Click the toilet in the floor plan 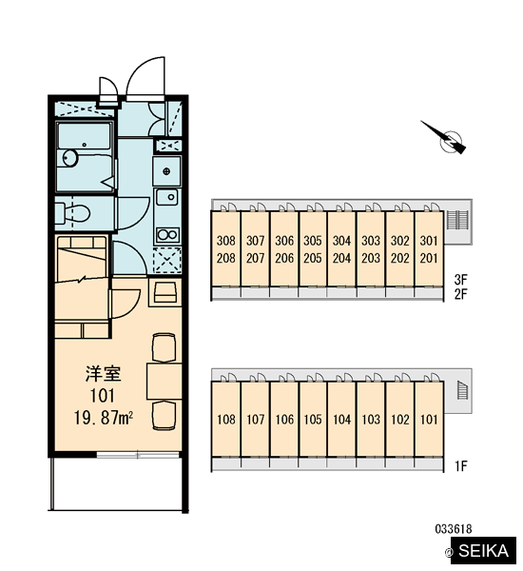(x=72, y=212)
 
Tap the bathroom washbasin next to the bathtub (x=69, y=158)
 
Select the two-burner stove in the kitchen (x=167, y=235)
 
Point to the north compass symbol (x=446, y=138)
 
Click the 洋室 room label (x=103, y=374)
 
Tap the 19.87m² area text (x=104, y=418)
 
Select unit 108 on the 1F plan (x=225, y=420)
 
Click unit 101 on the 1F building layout (x=429, y=420)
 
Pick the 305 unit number (x=313, y=241)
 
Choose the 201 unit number (x=429, y=258)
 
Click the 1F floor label (x=460, y=465)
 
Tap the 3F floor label (x=460, y=280)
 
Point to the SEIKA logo (x=483, y=551)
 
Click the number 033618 (x=454, y=528)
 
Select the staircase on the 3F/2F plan (x=456, y=220)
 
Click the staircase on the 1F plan (x=462, y=390)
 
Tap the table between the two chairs (x=165, y=381)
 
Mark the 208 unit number (x=226, y=258)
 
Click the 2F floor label (x=460, y=294)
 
